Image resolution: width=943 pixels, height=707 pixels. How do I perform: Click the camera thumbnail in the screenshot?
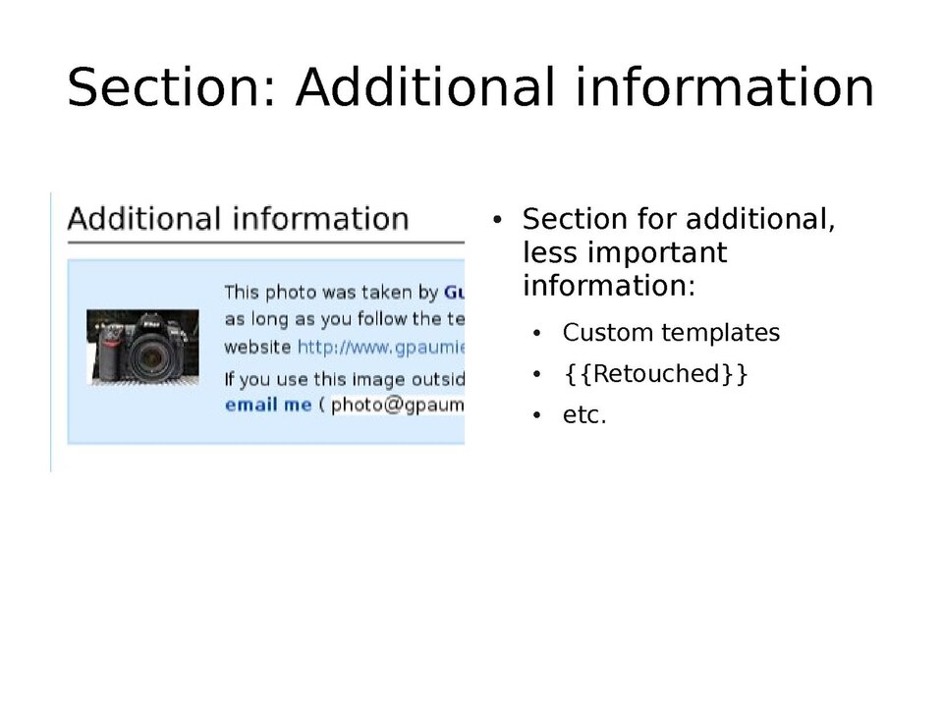tap(143, 347)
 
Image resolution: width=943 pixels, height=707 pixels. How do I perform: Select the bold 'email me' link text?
tap(267, 405)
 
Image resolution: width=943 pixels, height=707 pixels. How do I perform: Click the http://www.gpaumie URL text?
tap(380, 347)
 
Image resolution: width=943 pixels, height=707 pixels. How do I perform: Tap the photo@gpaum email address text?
tap(397, 405)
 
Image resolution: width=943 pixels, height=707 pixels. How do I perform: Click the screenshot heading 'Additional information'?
tap(238, 218)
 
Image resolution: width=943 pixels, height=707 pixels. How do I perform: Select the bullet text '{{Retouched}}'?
tap(655, 374)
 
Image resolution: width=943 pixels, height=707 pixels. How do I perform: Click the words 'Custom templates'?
tap(671, 333)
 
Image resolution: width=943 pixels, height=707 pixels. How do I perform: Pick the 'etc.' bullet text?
tap(584, 415)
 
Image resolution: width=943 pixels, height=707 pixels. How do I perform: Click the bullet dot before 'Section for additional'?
tap(498, 219)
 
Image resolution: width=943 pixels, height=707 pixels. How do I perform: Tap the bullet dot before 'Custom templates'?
tap(536, 334)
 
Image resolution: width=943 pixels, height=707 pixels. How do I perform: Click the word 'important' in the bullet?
tap(656, 253)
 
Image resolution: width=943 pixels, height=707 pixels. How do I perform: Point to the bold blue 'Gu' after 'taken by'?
tap(454, 292)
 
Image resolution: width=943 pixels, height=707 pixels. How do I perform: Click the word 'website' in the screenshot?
tap(257, 347)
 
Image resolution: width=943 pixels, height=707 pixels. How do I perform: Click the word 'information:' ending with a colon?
tap(608, 287)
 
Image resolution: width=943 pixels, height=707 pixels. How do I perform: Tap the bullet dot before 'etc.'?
tap(536, 416)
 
